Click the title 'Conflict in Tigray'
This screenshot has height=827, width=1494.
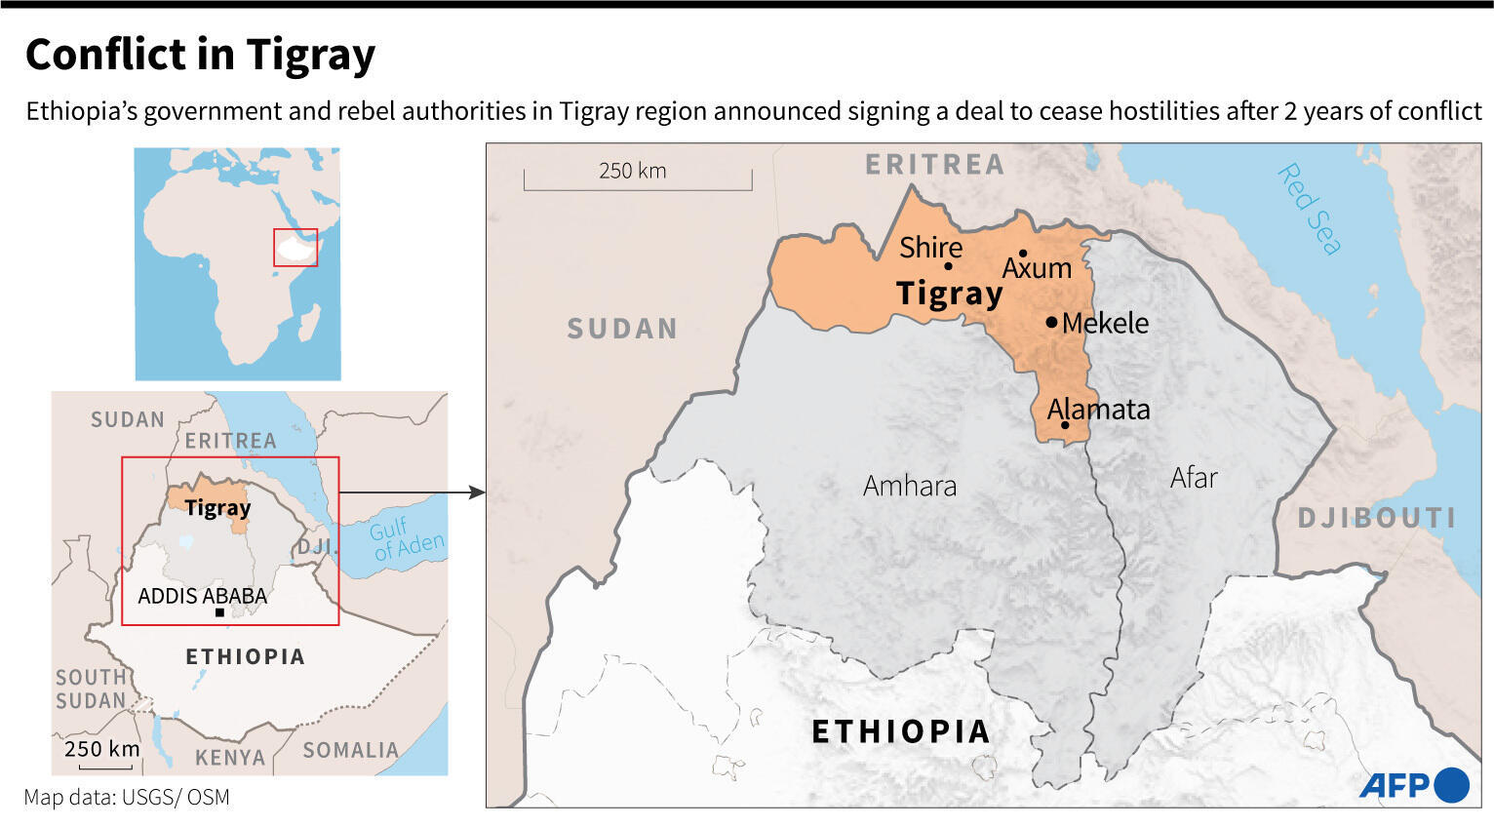pos(200,55)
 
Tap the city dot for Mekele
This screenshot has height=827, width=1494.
pos(1051,322)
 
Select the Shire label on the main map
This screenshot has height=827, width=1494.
pos(930,248)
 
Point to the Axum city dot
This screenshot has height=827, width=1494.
pos(1023,254)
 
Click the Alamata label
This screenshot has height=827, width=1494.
pos(1098,409)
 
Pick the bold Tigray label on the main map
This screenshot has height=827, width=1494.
pos(949,293)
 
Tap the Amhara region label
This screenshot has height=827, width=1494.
pos(909,486)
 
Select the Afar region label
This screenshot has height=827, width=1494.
pos(1194,478)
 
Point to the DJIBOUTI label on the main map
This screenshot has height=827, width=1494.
pos(1376,518)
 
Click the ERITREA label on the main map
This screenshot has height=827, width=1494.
pos(934,165)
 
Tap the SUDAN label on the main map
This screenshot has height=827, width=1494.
pos(622,329)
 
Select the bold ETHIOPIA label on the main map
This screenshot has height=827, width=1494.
pos(900,731)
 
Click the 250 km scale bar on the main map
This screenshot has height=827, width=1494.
pos(637,178)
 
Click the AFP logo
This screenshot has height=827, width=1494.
pos(1413,785)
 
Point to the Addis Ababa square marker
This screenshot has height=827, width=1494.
pos(219,612)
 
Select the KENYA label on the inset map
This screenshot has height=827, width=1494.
pos(230,758)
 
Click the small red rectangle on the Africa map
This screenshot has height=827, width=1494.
pos(295,247)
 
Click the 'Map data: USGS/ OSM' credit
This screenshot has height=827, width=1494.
pos(127,798)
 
